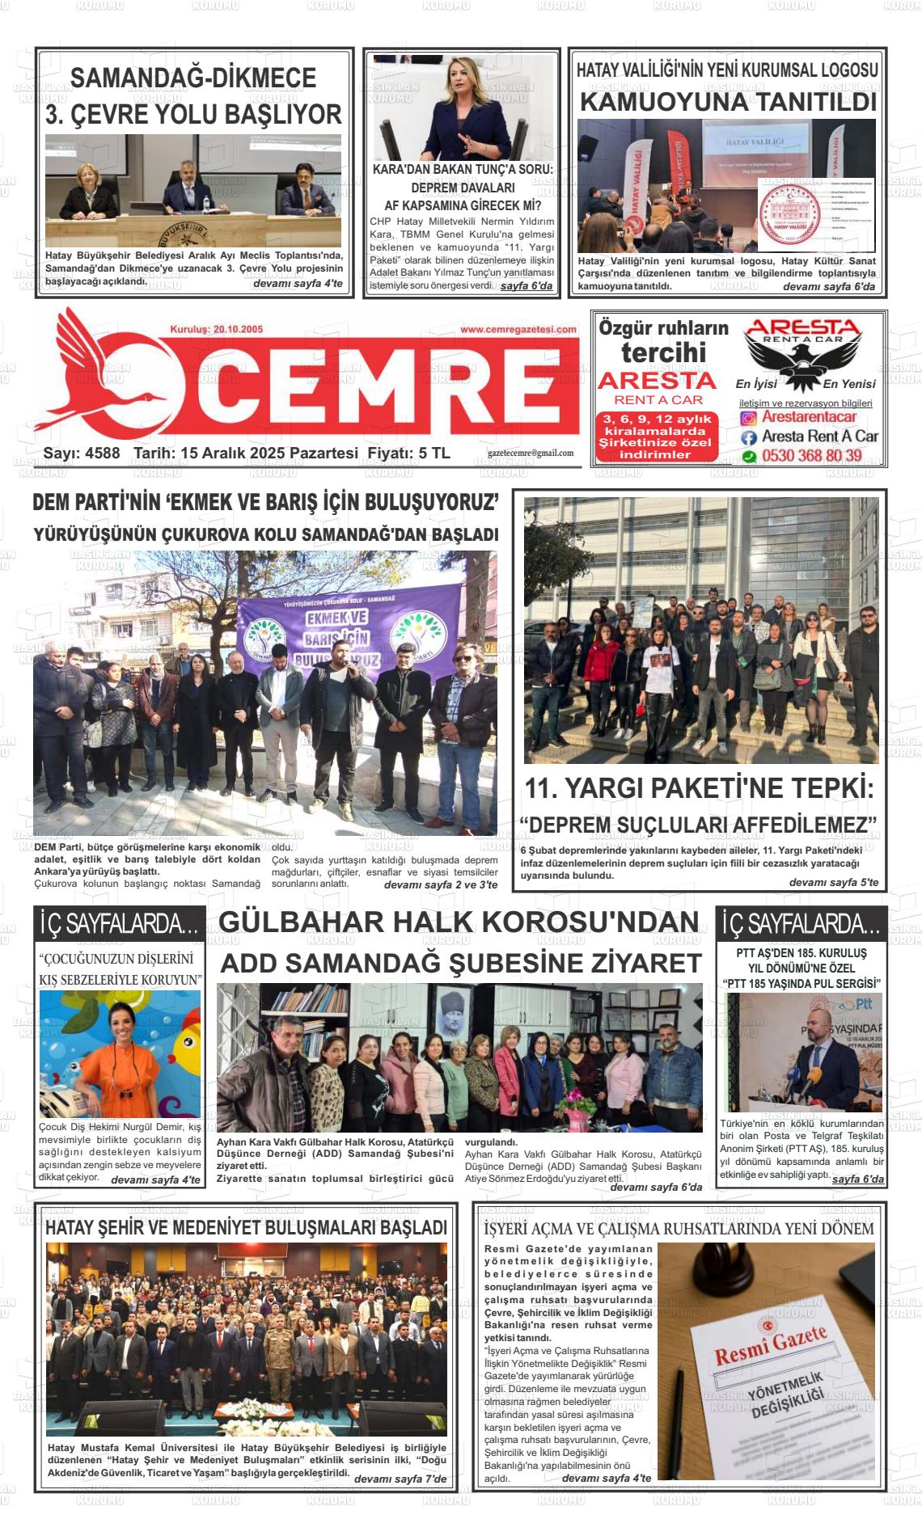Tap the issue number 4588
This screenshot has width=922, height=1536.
tap(102, 454)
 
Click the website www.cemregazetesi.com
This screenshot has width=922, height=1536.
tap(518, 330)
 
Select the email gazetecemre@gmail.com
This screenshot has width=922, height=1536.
tap(530, 454)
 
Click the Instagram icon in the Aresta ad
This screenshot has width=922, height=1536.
tap(749, 418)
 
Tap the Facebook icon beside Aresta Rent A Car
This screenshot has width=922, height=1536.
tap(749, 437)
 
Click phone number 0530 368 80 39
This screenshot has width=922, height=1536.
tap(811, 456)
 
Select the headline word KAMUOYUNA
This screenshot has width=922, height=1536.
tap(663, 103)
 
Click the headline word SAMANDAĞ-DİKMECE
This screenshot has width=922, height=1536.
tap(193, 78)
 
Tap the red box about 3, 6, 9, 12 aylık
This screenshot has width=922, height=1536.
tap(657, 437)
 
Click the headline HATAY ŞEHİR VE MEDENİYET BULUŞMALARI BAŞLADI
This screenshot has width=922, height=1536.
tap(246, 1228)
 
